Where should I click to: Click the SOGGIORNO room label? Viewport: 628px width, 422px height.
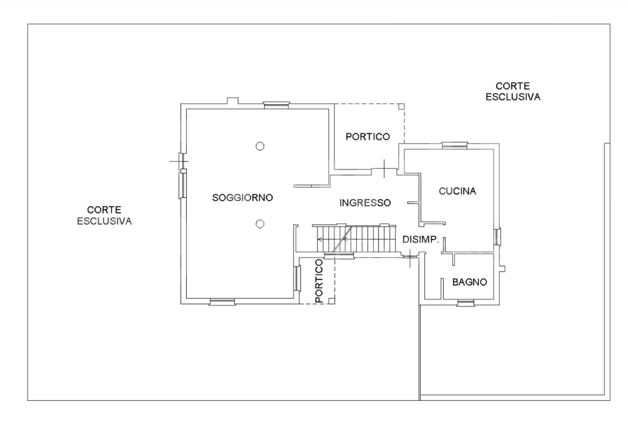[x=242, y=198]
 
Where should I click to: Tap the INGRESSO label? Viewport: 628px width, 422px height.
[x=365, y=203]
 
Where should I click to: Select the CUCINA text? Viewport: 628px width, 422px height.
[x=457, y=191]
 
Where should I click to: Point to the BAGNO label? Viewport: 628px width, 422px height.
[x=470, y=282]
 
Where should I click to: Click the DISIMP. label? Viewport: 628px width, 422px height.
[x=421, y=239]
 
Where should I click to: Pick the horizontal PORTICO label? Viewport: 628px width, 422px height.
[x=367, y=137]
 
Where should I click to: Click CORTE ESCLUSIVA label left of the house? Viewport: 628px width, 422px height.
[x=104, y=215]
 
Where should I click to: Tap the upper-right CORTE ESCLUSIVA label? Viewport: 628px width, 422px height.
[x=513, y=91]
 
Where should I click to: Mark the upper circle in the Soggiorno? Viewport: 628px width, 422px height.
[x=259, y=146]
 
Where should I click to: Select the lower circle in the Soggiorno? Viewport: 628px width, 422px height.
[x=259, y=223]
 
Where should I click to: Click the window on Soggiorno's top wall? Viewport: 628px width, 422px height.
[x=276, y=104]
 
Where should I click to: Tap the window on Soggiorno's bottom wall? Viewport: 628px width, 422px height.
[x=222, y=302]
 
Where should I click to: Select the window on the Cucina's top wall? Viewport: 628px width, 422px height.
[x=455, y=144]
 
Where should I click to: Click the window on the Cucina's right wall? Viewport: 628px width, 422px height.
[x=497, y=237]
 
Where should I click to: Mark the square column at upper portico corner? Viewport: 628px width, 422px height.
[x=401, y=107]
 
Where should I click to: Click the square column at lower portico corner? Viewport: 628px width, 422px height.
[x=332, y=301]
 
